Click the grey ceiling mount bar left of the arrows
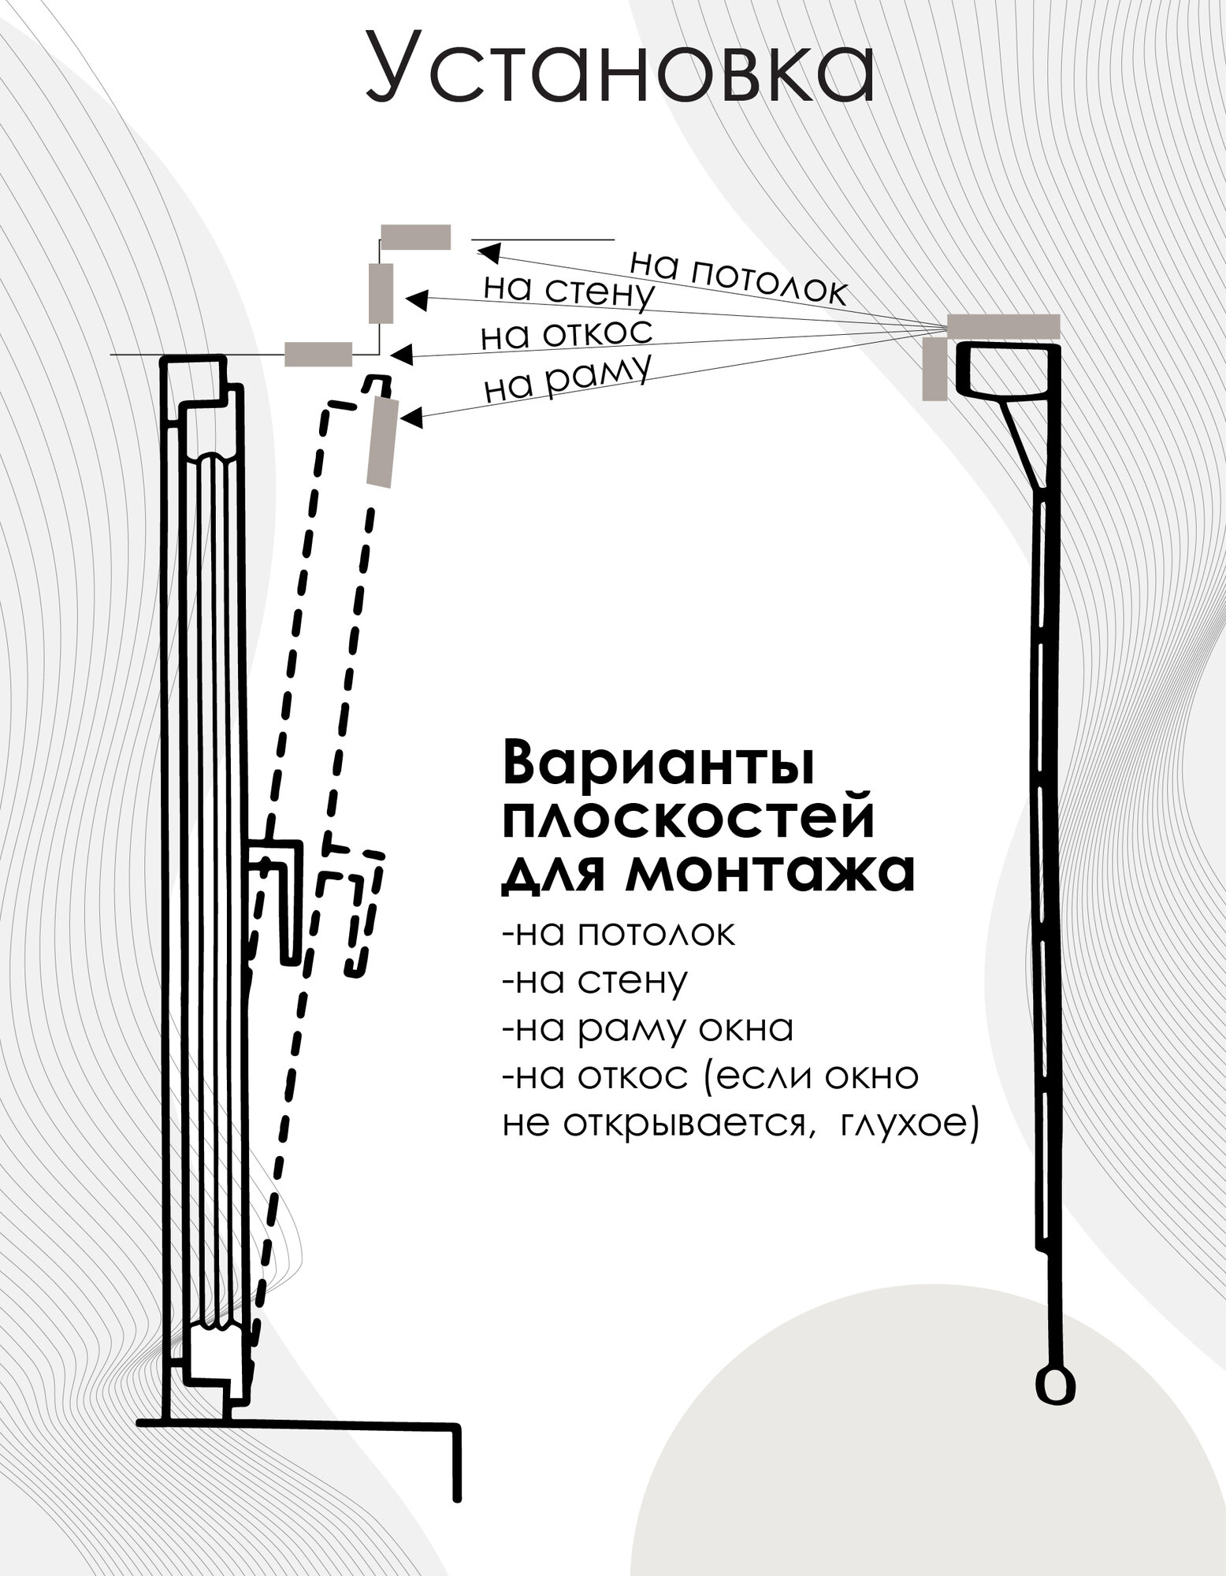coord(415,237)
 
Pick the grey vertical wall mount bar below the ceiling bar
coord(381,293)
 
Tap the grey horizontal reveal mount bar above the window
coord(318,355)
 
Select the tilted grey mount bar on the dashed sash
coord(383,442)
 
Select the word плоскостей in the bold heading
coord(689,819)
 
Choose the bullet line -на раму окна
coord(647,1029)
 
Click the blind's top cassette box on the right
coord(1005,370)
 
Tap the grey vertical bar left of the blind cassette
coord(935,369)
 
